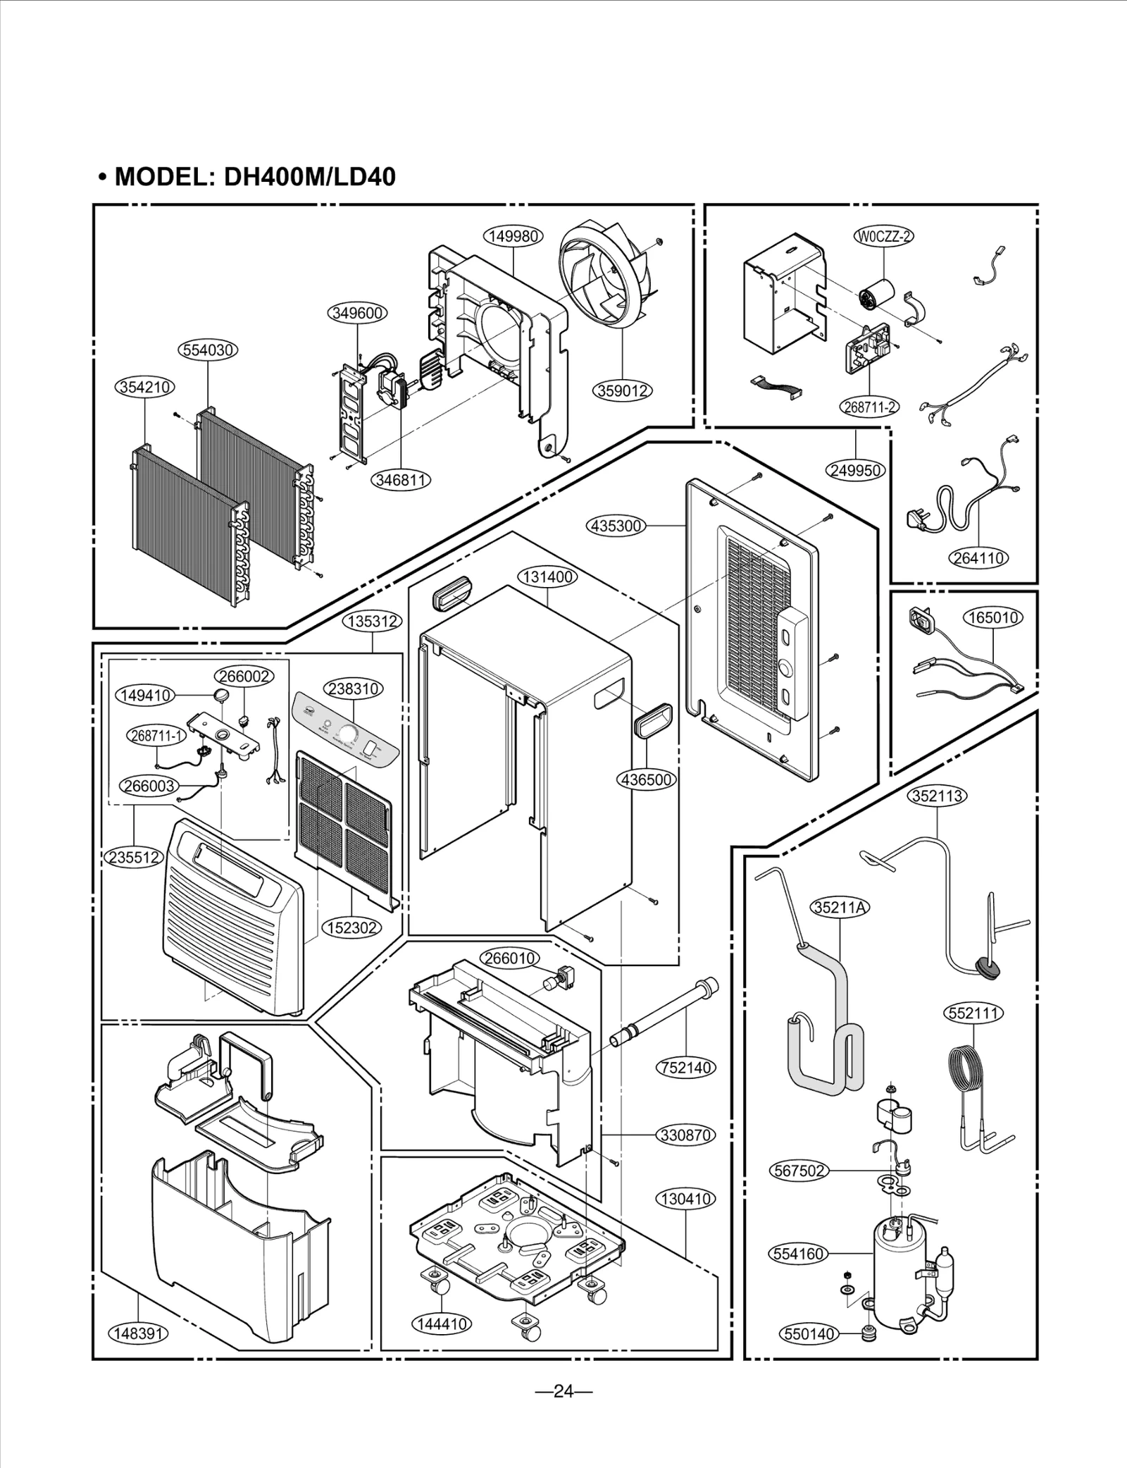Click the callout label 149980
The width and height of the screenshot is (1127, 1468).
[x=513, y=237]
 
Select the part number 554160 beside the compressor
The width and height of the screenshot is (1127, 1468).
[x=798, y=1254]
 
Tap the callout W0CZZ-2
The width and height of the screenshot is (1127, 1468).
[x=883, y=236]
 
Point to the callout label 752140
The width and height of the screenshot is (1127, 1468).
[x=685, y=1068]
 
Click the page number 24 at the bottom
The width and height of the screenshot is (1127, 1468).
[x=563, y=1391]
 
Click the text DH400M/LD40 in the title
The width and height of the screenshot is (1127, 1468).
[x=309, y=177]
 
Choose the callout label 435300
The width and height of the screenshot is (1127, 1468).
[x=615, y=526]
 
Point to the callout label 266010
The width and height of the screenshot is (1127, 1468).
[x=510, y=958]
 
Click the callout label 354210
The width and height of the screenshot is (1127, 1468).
[x=144, y=387]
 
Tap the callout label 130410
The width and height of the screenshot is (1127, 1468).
[x=685, y=1199]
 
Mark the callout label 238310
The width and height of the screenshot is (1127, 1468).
[x=353, y=689]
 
